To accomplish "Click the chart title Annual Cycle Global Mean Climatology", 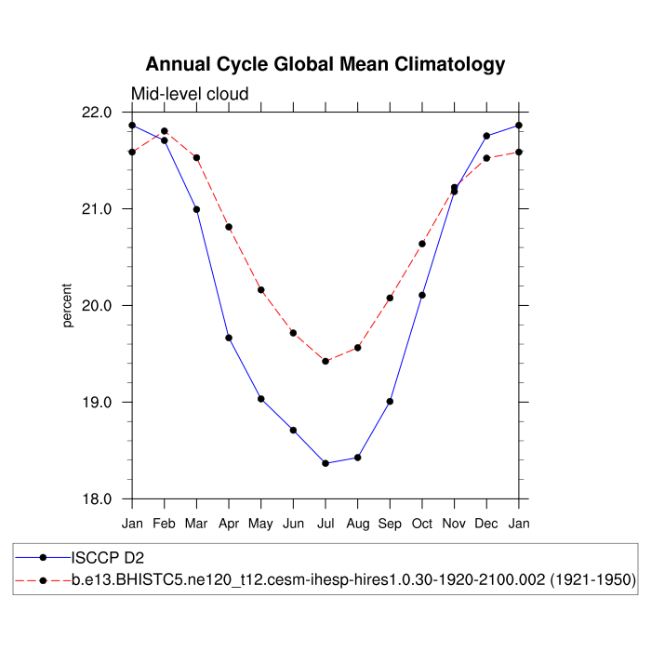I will [x=325, y=64].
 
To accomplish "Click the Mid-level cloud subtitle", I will [x=189, y=94].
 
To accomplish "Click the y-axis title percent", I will [x=67, y=306].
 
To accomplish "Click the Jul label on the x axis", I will [x=325, y=525].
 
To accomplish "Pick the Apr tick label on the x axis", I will [x=229, y=525].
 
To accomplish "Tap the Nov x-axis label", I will [x=454, y=525].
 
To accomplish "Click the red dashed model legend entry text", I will [x=353, y=580].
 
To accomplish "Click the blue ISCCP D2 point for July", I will [x=325, y=463].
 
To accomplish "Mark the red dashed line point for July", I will [x=325, y=361].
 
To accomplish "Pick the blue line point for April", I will [x=229, y=338].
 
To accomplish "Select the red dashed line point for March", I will [x=196, y=158].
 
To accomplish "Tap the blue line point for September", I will [x=390, y=402].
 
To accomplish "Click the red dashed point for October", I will [x=422, y=244].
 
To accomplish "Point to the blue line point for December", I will [x=486, y=136].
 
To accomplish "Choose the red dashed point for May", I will [x=261, y=290].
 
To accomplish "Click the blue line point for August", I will [x=358, y=458].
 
